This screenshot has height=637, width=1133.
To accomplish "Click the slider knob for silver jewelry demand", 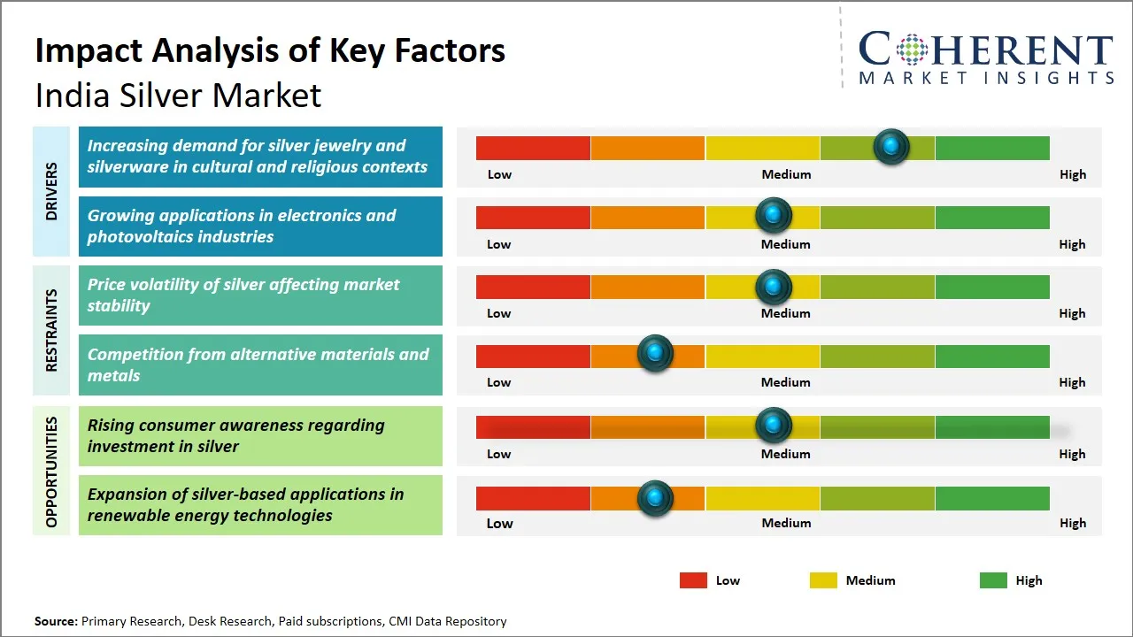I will point(891,146).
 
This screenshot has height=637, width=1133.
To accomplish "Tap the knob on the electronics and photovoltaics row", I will point(774,215).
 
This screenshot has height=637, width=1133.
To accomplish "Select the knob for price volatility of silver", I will point(774,286).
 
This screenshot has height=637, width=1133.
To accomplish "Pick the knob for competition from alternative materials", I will point(655,354).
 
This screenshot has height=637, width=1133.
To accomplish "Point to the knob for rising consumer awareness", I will point(774,426).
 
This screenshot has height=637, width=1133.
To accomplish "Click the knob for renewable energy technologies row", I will point(655,498).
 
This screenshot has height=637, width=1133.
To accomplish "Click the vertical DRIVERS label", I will point(51,190).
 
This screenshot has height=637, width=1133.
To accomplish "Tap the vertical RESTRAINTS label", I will point(51,330).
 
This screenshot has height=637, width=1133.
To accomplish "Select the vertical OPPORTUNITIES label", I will point(51,472).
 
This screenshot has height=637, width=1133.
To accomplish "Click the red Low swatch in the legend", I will point(693,580).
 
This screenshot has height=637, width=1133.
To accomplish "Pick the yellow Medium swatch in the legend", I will point(823,580).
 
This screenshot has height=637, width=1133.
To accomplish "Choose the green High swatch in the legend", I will point(993,580).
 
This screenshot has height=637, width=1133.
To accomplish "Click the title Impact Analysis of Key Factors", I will point(270,51).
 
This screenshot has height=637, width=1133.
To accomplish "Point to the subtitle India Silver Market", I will point(178,96).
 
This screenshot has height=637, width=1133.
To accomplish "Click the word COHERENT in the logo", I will point(986,50).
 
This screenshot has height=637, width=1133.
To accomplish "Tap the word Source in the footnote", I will point(56,621).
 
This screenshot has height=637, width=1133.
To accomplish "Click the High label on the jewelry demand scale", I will point(1073,174).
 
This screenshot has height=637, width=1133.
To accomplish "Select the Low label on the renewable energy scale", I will point(499,523).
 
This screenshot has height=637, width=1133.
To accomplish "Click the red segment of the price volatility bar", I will point(533,287).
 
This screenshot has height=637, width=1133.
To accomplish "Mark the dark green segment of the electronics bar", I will point(991,217).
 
